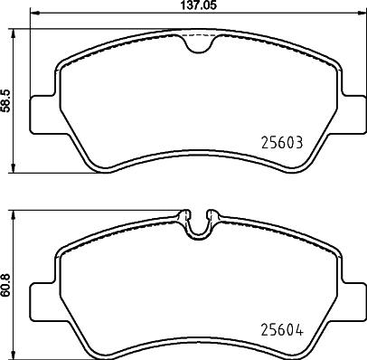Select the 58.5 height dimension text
(x=6, y=99)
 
